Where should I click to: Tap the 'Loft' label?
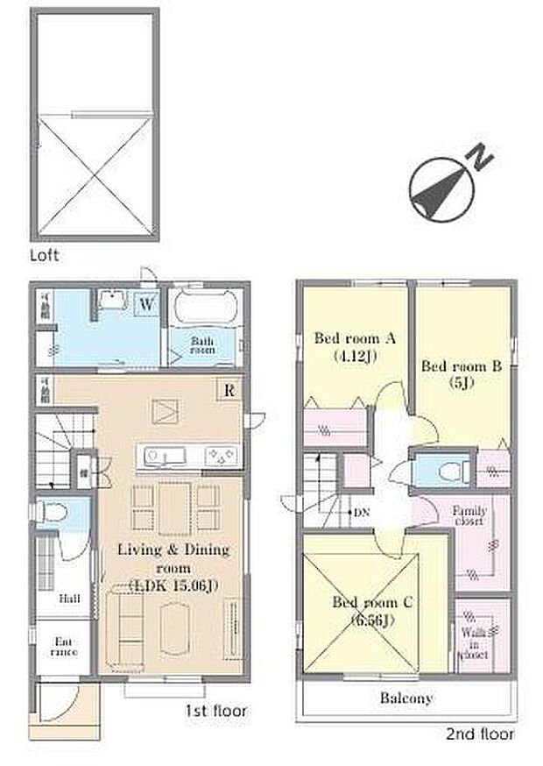pos(43,256)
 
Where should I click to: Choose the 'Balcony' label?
pos(405,699)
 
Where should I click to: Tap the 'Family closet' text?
pos(469,514)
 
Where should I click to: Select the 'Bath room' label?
pos(203,344)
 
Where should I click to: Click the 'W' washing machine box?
pos(146,304)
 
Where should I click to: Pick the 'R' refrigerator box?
pos(229,390)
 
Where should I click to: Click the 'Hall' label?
pos(70,599)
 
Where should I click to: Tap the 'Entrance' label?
pos(63,646)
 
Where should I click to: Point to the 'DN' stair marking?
pos(359,513)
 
